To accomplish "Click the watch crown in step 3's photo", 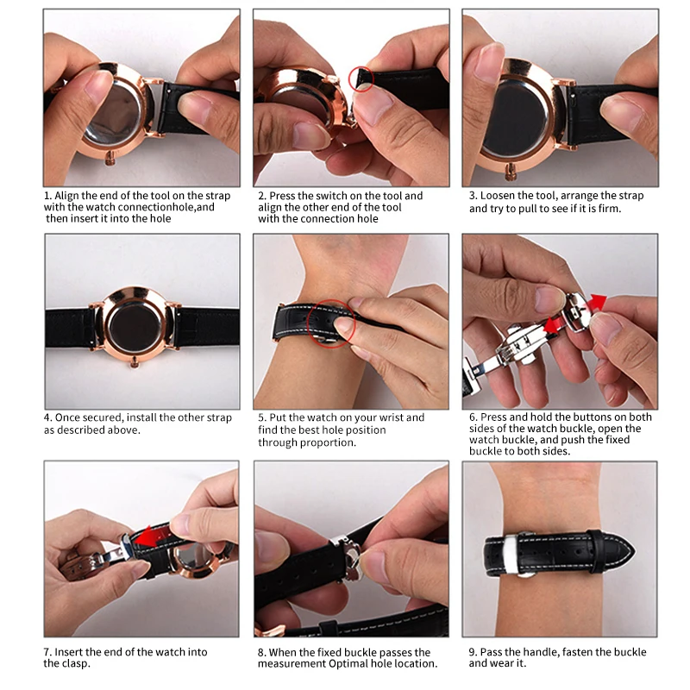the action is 511,172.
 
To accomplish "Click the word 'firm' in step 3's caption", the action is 609,208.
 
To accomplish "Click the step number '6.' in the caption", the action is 473,417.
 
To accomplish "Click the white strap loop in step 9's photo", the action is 512,554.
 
